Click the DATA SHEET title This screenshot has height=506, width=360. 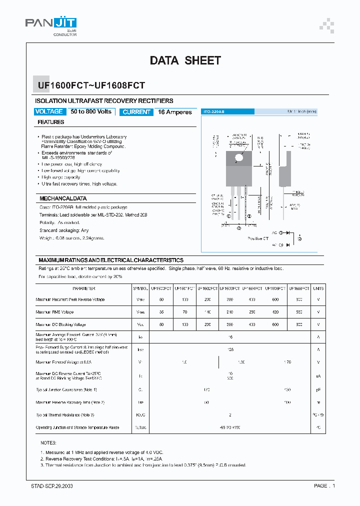pos(185,60)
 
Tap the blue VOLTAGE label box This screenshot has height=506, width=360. pos(49,111)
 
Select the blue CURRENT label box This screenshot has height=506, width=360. pos(136,112)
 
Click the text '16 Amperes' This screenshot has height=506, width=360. pos(175,112)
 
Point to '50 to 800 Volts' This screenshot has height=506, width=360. pos(91,111)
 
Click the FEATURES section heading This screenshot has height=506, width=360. pos(51,122)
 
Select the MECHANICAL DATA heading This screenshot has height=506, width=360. pos(63,198)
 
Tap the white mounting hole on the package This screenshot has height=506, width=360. pos(238,158)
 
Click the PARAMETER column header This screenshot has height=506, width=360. pos(83,288)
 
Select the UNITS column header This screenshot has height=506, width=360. pos(318,288)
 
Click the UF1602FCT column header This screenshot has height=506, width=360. pos(207,288)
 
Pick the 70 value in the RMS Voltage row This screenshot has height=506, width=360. pos(184,312)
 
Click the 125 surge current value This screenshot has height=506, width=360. pos(230,350)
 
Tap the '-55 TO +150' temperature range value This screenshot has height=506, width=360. pos(230,427)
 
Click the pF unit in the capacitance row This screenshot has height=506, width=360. pos(318,389)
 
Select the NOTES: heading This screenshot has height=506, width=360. pos(48,443)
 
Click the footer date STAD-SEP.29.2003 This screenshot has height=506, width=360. pos(52,485)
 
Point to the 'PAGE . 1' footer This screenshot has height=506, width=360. pos(324,485)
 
